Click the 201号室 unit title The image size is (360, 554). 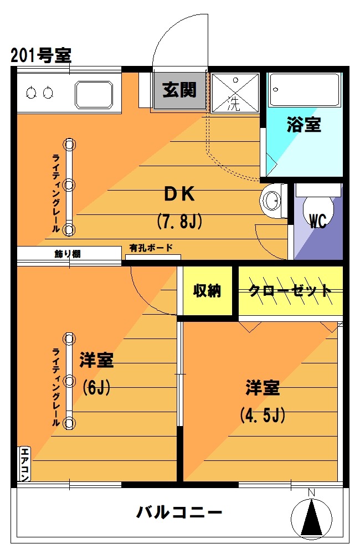[41, 55]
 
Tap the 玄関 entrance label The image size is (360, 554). [179, 90]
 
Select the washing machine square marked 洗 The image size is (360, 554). [235, 93]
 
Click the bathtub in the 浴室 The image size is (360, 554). [305, 90]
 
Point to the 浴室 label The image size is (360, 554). [304, 124]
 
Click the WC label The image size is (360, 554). [317, 221]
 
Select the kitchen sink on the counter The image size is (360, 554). [94, 95]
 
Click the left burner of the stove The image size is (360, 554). [32, 93]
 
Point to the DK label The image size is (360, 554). [179, 194]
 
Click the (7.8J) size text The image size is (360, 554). [179, 222]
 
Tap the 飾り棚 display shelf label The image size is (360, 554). [68, 254]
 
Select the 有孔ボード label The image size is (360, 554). [151, 248]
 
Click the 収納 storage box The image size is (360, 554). [207, 290]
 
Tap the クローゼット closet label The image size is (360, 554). [290, 290]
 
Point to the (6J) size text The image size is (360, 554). [96, 388]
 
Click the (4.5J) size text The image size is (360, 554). [263, 415]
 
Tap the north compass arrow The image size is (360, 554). [312, 517]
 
